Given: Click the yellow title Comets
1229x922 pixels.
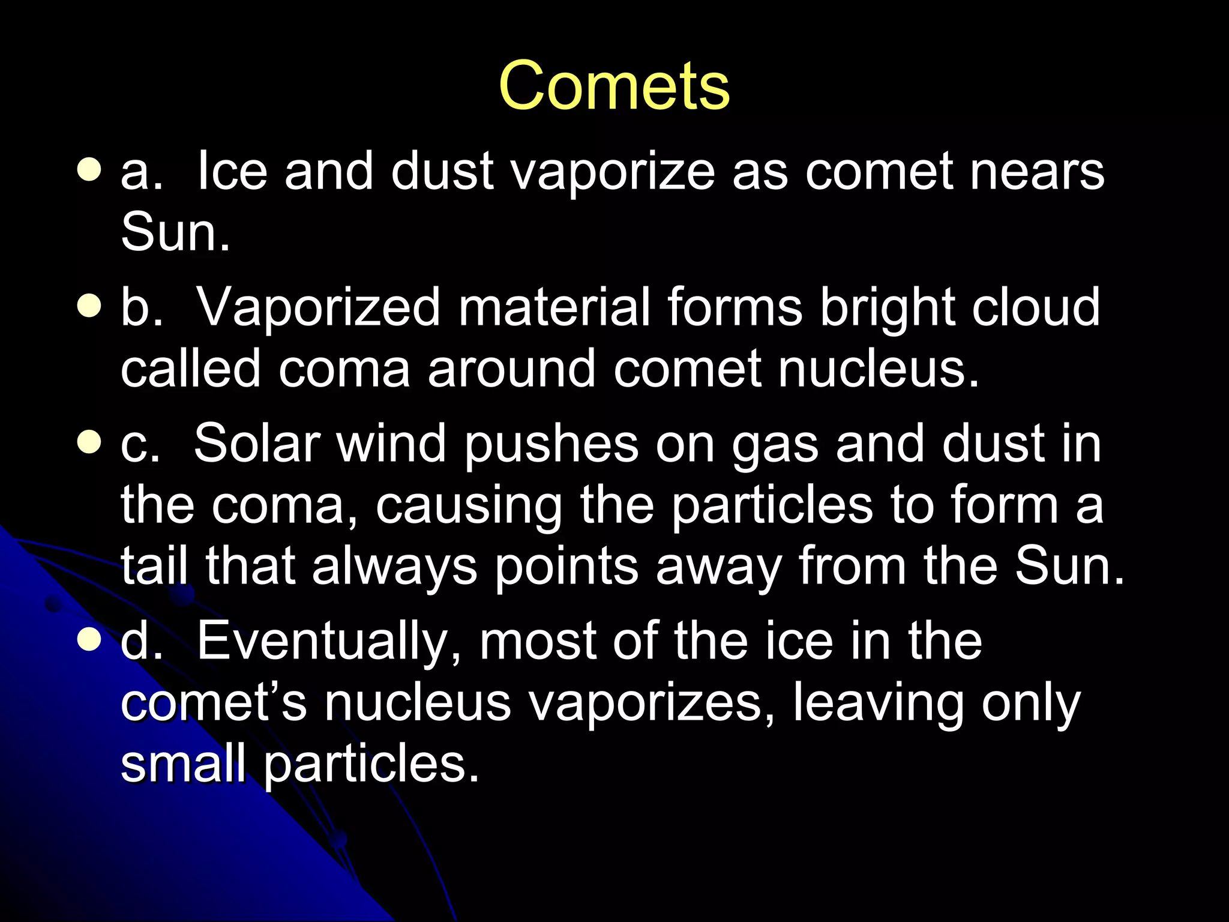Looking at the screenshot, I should click(614, 85).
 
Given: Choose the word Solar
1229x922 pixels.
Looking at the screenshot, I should click(256, 444).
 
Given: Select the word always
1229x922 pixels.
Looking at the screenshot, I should click(394, 567).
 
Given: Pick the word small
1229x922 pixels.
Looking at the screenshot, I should click(183, 764).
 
